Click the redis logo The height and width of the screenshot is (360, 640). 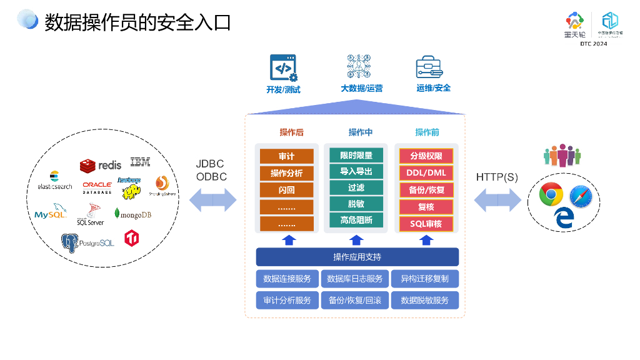point(101,165)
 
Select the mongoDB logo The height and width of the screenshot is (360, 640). point(133,214)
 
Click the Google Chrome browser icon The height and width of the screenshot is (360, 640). point(551,194)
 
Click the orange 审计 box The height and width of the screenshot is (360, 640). point(287,156)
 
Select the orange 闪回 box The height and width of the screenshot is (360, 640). point(287,190)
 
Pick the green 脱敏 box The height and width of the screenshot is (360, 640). point(356,204)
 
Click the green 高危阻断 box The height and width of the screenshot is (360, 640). point(356,220)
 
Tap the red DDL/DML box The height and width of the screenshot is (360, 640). point(426,172)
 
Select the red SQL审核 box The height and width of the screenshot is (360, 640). point(426,224)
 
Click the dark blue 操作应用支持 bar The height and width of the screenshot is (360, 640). point(357,257)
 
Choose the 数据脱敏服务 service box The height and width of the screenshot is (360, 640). point(425,300)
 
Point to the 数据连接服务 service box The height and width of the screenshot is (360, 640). point(287,278)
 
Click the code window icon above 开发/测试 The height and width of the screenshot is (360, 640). point(283,67)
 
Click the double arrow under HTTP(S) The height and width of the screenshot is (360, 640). point(497,201)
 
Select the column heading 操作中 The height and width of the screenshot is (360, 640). point(361,132)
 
